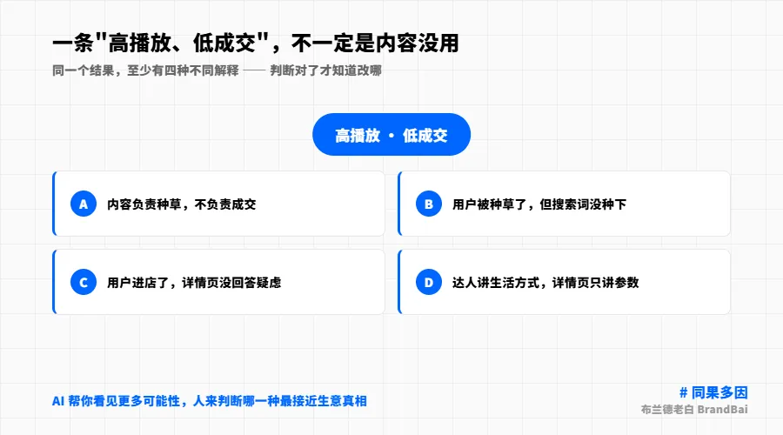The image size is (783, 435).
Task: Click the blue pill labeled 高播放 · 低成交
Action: click(391, 134)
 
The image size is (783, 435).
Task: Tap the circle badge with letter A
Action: click(84, 204)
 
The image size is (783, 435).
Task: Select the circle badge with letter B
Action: click(428, 204)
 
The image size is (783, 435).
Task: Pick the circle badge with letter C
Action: click(84, 282)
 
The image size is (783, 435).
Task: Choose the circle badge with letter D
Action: click(428, 282)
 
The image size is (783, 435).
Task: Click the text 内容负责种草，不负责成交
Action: click(181, 204)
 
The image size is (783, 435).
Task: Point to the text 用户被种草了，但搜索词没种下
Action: click(539, 204)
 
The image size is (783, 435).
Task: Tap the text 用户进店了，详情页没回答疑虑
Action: click(194, 283)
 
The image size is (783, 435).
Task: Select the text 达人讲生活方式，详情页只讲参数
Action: click(545, 283)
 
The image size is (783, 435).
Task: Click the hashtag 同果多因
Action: click(719, 392)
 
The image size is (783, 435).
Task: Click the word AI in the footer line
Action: click(58, 401)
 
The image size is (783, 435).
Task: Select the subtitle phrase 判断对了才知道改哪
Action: click(325, 70)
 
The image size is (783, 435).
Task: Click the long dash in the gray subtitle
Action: click(254, 70)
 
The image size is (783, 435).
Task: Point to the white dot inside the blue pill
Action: click(391, 136)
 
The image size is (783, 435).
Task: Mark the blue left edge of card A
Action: click(54, 204)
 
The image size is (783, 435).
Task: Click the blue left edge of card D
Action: click(399, 282)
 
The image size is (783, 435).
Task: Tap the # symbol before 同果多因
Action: click(683, 393)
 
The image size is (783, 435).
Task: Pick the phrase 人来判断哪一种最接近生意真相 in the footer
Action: click(279, 401)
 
